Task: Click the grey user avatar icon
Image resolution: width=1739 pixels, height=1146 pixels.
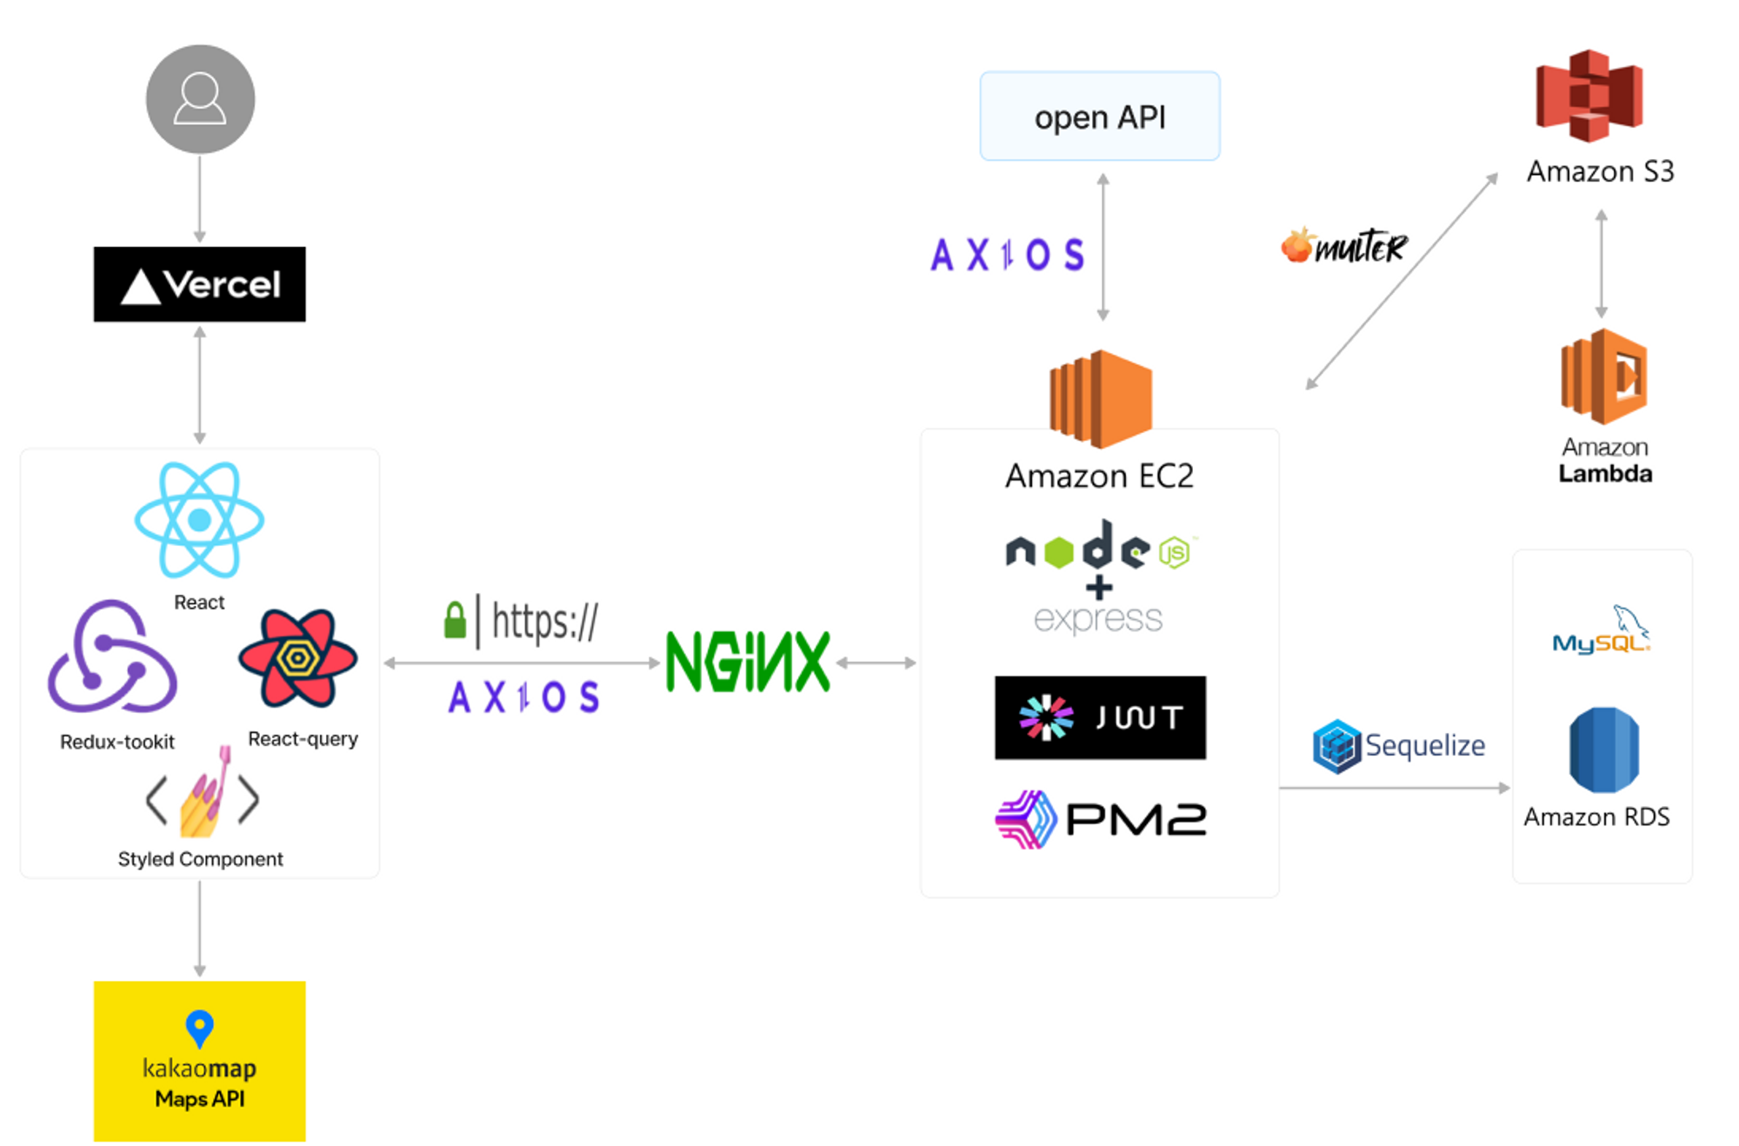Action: [200, 99]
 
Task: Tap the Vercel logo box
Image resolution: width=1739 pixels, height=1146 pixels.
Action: [200, 284]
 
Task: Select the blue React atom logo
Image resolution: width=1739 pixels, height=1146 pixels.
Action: [199, 520]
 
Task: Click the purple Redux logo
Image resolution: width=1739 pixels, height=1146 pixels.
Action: [112, 656]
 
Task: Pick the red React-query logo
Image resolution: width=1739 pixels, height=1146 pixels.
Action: [297, 658]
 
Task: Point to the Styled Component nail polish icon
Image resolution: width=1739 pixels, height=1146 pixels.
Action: [203, 794]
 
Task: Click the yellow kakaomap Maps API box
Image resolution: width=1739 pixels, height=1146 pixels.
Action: [200, 1061]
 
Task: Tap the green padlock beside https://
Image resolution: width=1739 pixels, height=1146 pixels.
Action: [455, 620]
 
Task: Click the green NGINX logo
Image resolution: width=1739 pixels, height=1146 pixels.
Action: [748, 662]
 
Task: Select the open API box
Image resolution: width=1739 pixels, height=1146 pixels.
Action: [1100, 116]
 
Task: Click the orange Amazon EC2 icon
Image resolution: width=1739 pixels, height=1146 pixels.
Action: [1101, 399]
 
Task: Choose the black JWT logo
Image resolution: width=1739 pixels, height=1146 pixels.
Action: [1100, 717]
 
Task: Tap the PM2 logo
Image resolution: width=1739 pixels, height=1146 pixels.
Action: [1101, 819]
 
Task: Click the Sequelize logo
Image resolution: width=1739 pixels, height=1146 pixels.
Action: [1398, 746]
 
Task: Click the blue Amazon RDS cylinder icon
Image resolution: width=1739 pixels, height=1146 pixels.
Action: [1604, 750]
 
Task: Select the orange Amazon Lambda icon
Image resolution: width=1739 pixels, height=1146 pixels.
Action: [1604, 376]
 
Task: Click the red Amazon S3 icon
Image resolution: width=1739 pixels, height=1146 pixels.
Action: [1589, 96]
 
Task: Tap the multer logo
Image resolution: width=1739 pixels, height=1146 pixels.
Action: [1343, 246]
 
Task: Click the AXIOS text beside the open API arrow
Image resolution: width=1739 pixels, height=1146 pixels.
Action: [1008, 255]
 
